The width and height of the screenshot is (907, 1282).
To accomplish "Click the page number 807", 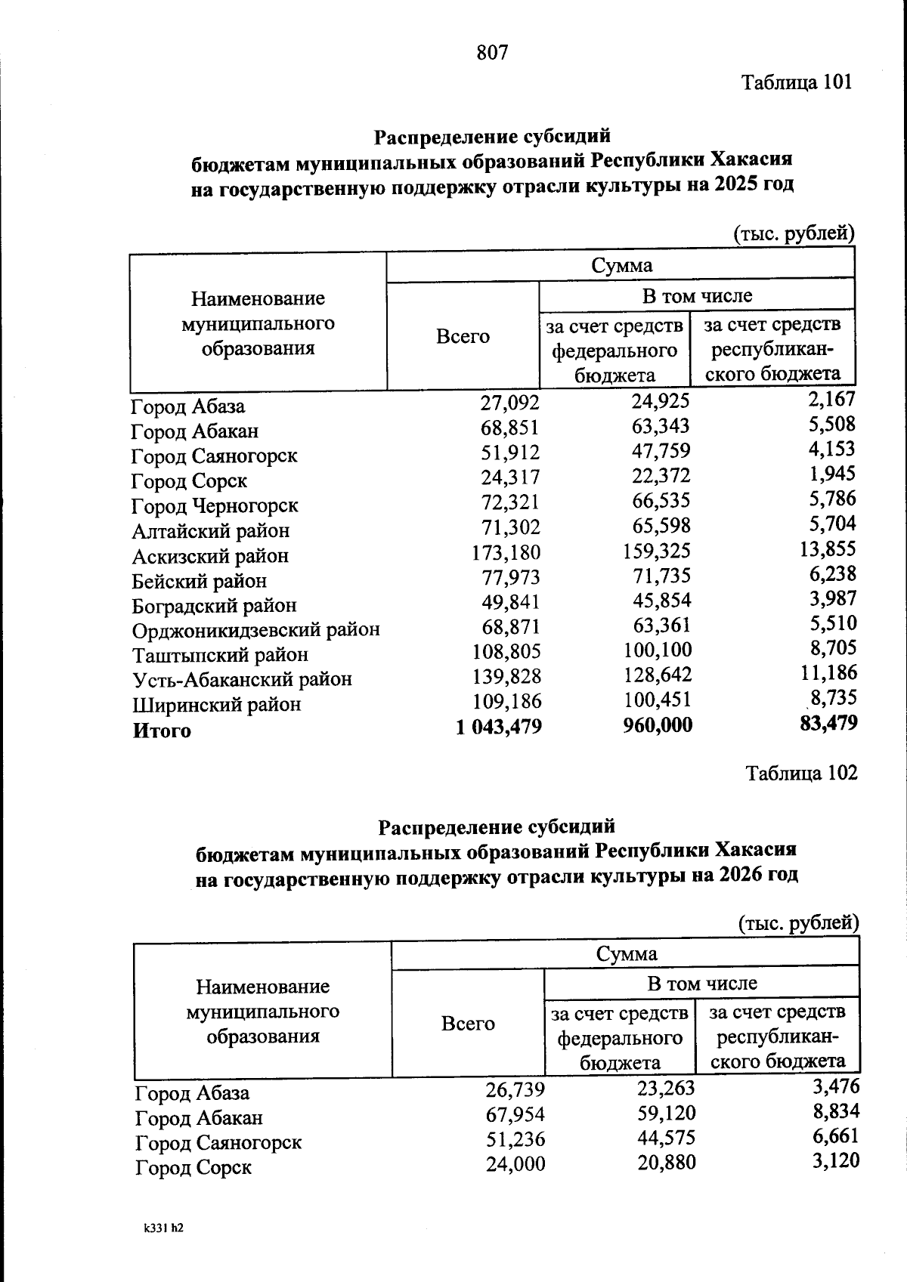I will click(x=492, y=52).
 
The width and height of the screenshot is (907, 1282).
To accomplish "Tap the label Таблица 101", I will click(x=797, y=82).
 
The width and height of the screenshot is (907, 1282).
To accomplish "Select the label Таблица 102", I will click(x=801, y=773).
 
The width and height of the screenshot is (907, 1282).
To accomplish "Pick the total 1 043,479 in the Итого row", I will click(x=499, y=727).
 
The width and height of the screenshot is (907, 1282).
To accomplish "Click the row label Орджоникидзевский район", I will click(x=255, y=629).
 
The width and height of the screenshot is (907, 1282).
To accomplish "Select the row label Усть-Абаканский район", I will click(x=242, y=679).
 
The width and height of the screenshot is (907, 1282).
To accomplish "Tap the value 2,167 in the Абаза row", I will click(x=831, y=399).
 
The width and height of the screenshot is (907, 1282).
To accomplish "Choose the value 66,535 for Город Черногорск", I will click(x=661, y=500).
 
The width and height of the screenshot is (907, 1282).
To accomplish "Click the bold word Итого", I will click(x=162, y=731).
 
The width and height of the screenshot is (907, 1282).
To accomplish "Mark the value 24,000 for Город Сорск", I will click(x=515, y=1164).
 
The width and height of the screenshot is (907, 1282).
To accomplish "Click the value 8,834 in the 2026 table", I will click(x=835, y=1111).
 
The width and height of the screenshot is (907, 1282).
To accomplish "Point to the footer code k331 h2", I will click(x=163, y=1228).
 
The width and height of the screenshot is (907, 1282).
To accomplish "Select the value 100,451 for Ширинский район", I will click(x=657, y=700).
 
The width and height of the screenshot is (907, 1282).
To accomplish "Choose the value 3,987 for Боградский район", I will click(x=833, y=598).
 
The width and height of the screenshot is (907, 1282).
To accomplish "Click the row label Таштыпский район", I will click(x=220, y=654).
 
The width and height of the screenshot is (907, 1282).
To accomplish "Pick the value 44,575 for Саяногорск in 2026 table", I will click(x=665, y=1138).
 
